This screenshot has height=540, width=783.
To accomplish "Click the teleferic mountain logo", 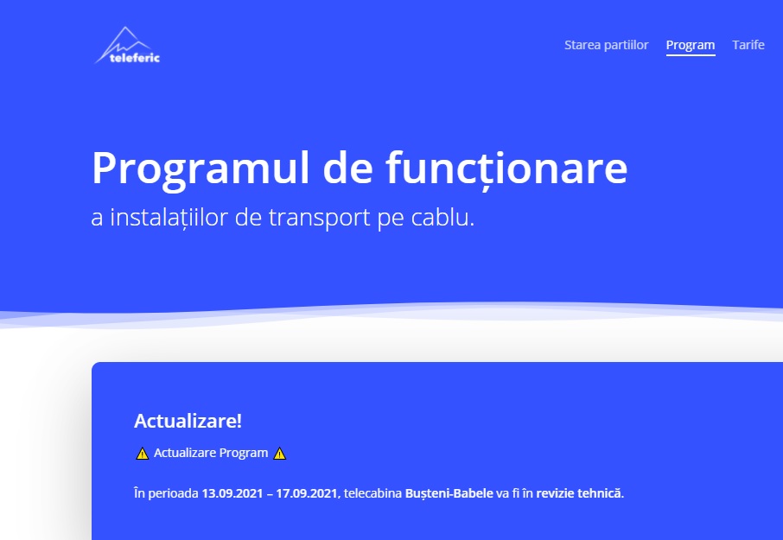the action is point(127,46).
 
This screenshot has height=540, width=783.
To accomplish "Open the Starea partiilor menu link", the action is point(606,45).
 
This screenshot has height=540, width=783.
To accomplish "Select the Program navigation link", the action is point(691,46).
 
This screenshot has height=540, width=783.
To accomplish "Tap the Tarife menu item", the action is point(748,45).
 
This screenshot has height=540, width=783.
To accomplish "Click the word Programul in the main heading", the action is point(201,169).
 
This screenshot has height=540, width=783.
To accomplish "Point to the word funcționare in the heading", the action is point(506,168).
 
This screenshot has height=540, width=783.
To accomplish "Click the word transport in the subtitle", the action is point(319,218).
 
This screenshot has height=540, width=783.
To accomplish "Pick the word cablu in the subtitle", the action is point(442,217).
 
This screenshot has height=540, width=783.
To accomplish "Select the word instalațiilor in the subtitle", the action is point(169,218).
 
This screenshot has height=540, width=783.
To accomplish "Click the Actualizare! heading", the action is point(188,421).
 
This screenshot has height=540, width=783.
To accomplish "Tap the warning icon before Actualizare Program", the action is point(143,453).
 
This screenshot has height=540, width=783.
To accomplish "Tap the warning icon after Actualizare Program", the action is point(280,453).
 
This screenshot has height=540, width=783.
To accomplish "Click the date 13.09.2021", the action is point(232,493).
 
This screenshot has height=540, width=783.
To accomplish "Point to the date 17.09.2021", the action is point(308,493).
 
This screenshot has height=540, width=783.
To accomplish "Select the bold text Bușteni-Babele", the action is point(449,493).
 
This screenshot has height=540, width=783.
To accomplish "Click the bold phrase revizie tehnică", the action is point(579,493).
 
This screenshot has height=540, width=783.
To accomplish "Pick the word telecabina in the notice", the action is point(372,493).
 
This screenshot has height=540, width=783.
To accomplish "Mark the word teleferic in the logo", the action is point(135,58).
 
